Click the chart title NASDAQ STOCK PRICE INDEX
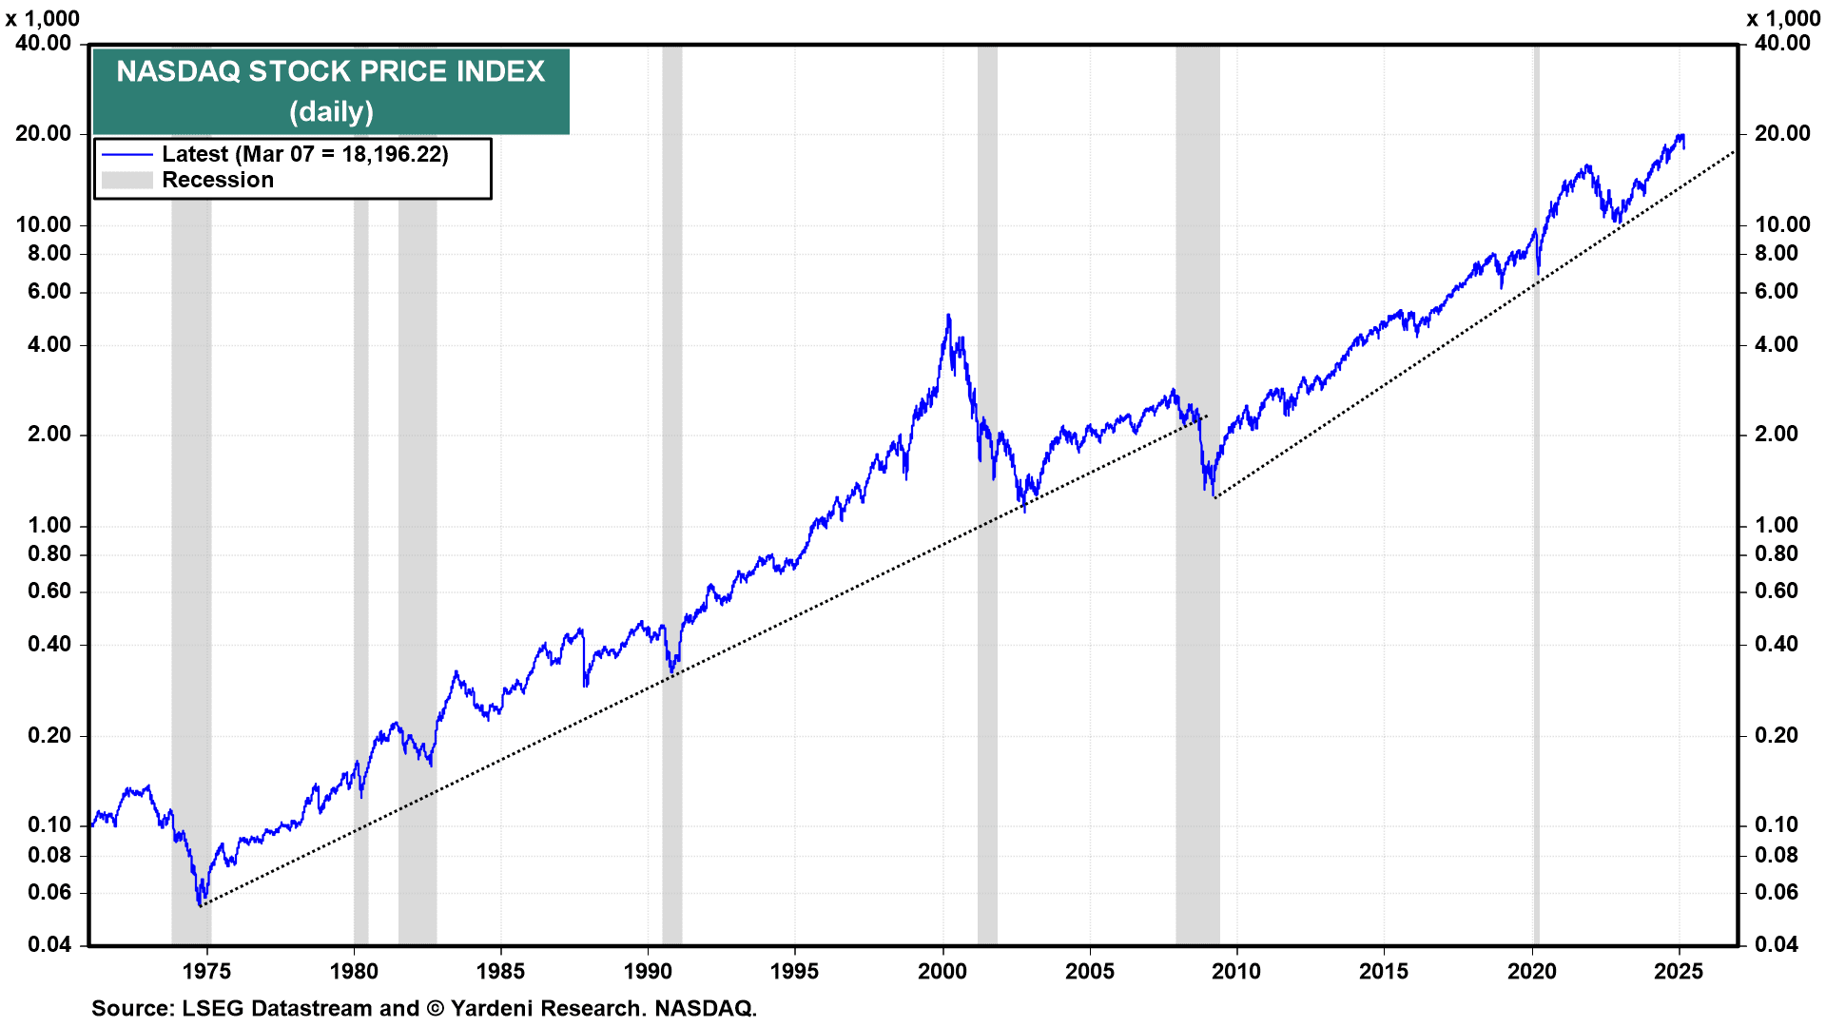[330, 71]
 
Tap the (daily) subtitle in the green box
[331, 112]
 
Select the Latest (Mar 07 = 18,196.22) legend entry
[304, 154]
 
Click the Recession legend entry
[217, 180]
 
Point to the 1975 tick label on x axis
[206, 971]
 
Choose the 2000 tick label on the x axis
[942, 971]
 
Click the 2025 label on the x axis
[1678, 971]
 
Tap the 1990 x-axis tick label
[648, 971]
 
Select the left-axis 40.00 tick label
[44, 43]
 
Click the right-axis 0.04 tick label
[1776, 944]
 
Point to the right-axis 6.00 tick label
[1776, 291]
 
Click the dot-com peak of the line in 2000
[948, 316]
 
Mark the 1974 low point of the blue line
[200, 904]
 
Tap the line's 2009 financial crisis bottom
[1214, 495]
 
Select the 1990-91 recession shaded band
[671, 475]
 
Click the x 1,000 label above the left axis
[43, 18]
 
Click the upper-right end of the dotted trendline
[1733, 152]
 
